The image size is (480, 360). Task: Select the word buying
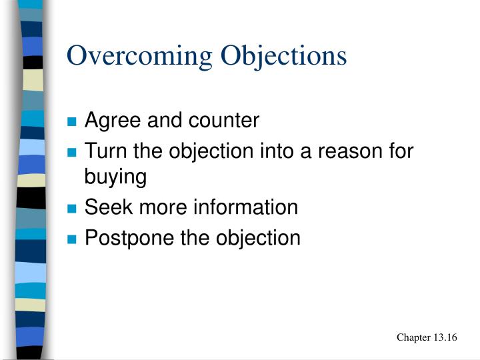(115, 178)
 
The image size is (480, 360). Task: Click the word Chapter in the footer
(413, 337)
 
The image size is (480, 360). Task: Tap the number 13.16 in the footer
(445, 337)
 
